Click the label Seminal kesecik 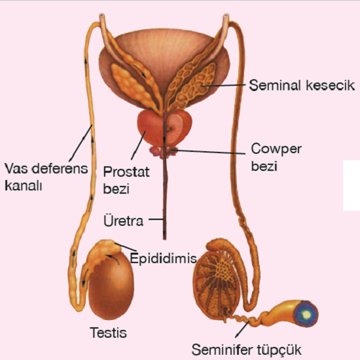click(x=302, y=85)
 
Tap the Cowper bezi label click(x=276, y=157)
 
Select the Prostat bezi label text click(x=126, y=180)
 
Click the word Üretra click(x=124, y=221)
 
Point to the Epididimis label click(x=163, y=258)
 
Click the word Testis click(x=108, y=333)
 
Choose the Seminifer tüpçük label click(x=246, y=350)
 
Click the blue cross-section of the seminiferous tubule click(x=306, y=314)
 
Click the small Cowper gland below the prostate click(x=164, y=152)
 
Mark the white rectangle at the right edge click(x=351, y=185)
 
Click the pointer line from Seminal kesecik click(x=224, y=85)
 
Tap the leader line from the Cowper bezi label click(x=209, y=152)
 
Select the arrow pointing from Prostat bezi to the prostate click(x=138, y=145)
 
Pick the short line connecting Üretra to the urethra click(x=156, y=219)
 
